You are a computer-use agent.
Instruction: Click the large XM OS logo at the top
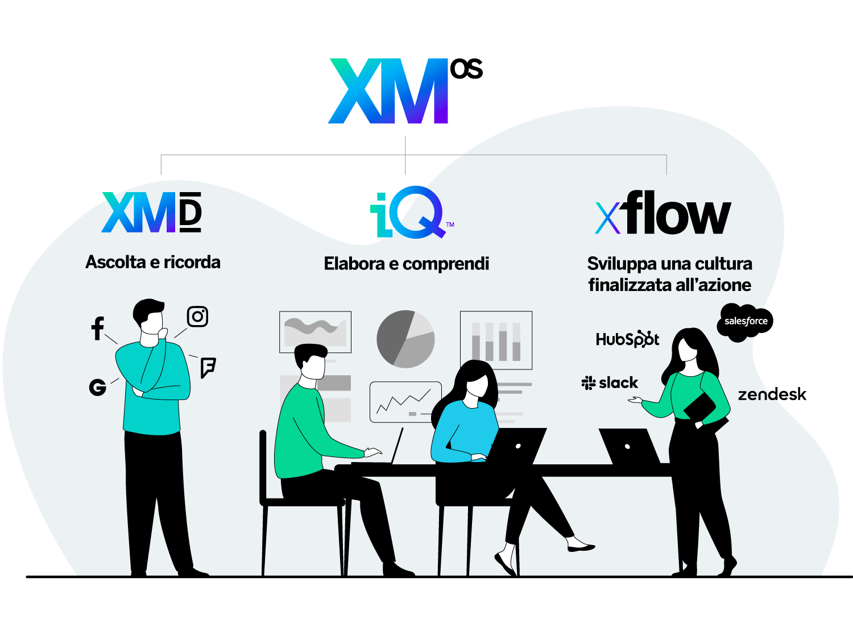click(405, 91)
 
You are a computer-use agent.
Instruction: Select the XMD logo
click(151, 212)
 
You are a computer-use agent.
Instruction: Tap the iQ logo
click(412, 212)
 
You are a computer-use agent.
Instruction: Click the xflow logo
click(663, 212)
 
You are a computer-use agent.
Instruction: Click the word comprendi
click(446, 264)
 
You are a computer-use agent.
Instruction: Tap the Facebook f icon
click(98, 329)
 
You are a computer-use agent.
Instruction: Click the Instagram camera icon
click(197, 317)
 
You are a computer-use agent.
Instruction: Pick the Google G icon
click(98, 387)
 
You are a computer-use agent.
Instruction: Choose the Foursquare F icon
click(208, 368)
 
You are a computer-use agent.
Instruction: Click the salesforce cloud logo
click(745, 322)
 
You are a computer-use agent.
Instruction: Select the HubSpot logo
click(628, 339)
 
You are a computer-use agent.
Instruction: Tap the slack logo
click(610, 383)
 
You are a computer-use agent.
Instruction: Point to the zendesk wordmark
click(772, 394)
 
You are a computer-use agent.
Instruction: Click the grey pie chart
click(405, 339)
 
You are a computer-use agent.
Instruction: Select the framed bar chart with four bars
click(496, 340)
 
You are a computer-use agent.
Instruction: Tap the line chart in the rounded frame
click(405, 402)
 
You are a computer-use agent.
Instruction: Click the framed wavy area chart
click(315, 332)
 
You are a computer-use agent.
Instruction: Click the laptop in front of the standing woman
click(629, 446)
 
